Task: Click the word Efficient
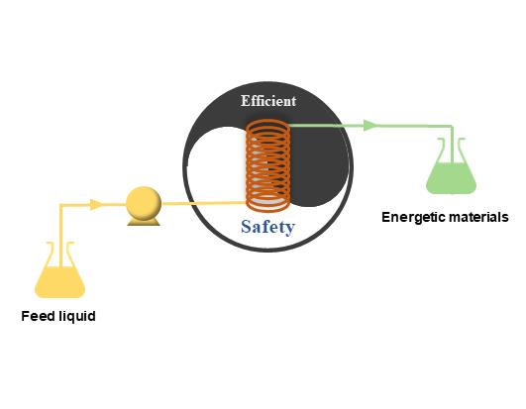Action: pyautogui.click(x=268, y=101)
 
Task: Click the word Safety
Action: pyautogui.click(x=268, y=227)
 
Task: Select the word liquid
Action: pyautogui.click(x=77, y=317)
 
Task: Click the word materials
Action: pyautogui.click(x=478, y=217)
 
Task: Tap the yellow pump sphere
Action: pyautogui.click(x=144, y=203)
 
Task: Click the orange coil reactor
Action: pyautogui.click(x=268, y=165)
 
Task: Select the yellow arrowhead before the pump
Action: pyautogui.click(x=96, y=204)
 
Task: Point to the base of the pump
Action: pyautogui.click(x=144, y=222)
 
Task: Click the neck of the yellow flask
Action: pyautogui.click(x=60, y=254)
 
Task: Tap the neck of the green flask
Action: pyautogui.click(x=452, y=150)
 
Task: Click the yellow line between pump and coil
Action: pyautogui.click(x=204, y=203)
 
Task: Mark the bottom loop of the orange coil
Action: pyautogui.click(x=268, y=204)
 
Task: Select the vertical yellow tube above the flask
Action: pyautogui.click(x=60, y=235)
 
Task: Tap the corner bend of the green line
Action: pyautogui.click(x=452, y=127)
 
